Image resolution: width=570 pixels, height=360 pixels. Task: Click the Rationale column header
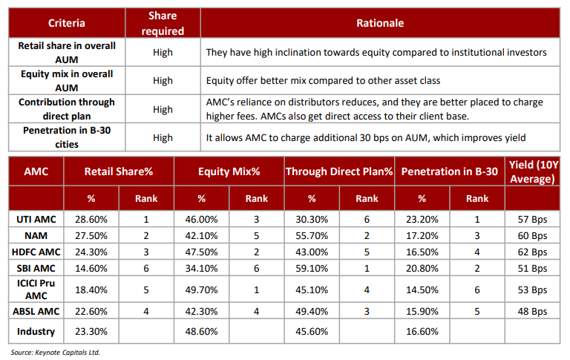tap(380, 23)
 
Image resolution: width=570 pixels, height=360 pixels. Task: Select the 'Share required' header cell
tap(163, 23)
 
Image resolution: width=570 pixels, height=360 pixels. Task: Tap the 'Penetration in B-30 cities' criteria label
tap(67, 137)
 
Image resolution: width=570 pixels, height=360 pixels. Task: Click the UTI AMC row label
tap(36, 219)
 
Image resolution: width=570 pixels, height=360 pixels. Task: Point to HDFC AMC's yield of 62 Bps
tap(532, 252)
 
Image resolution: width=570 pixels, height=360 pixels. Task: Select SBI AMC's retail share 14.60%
tap(91, 269)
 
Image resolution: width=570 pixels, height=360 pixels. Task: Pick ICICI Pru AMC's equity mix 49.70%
tap(201, 289)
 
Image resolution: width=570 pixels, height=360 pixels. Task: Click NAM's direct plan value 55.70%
tap(312, 235)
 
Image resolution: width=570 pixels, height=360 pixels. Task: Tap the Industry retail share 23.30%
tap(91, 331)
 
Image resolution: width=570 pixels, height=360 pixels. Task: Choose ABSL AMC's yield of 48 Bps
tap(532, 311)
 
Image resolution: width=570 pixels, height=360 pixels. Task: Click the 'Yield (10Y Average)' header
tap(532, 171)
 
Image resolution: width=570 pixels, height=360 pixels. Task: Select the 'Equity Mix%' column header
tap(229, 171)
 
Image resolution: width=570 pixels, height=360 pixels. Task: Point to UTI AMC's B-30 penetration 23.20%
tap(422, 219)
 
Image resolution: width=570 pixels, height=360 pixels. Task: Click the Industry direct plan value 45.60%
tap(312, 331)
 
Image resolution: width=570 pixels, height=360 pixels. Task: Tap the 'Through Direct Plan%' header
tap(339, 171)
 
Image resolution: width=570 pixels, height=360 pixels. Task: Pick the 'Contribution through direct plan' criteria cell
tap(67, 108)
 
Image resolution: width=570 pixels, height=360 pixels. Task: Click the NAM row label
tap(36, 235)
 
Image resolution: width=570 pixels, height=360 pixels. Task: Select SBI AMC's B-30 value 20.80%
tap(422, 269)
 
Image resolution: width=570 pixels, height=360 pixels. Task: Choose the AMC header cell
tap(36, 171)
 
